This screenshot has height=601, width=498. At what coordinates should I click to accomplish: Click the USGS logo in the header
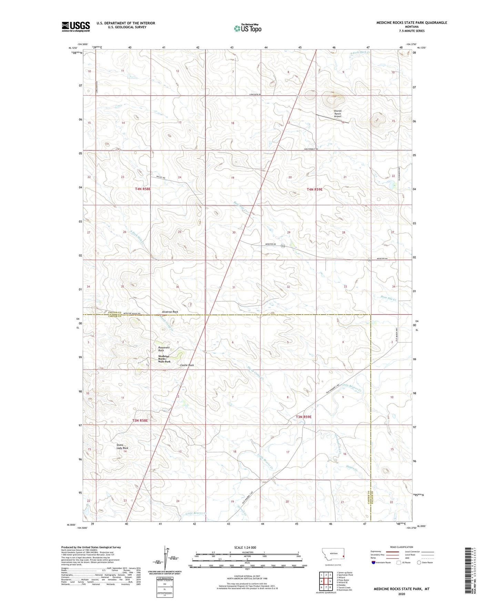point(76,27)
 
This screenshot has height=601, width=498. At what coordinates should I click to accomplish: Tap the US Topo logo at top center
point(247,28)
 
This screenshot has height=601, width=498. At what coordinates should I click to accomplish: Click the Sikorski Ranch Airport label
point(337,114)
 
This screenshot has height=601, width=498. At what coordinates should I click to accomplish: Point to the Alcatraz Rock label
point(170,312)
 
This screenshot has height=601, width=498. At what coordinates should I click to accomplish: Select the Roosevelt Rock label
point(164,349)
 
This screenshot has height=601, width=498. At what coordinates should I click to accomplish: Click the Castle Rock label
point(187,365)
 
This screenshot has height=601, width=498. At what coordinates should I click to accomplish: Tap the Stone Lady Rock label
point(122,446)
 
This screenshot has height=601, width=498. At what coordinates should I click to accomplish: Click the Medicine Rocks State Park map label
point(164,359)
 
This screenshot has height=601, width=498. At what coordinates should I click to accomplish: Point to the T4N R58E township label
point(143,189)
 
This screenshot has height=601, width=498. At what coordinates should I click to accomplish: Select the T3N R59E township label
point(303,417)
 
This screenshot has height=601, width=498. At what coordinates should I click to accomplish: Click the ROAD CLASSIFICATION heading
point(402,547)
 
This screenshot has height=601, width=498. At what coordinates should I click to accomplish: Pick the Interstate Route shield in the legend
point(374,562)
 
